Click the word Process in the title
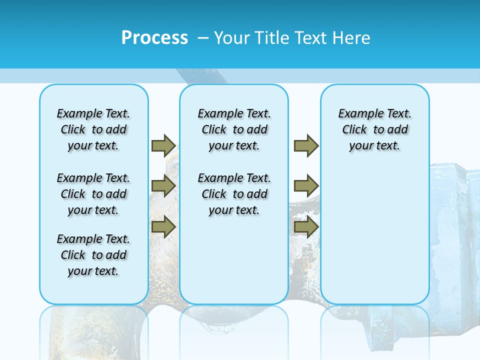coord(154,38)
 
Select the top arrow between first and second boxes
coord(163,145)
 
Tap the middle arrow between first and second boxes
coord(163,186)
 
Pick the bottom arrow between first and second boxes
coord(163,227)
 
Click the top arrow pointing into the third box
coord(306,145)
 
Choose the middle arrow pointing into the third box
coord(306,186)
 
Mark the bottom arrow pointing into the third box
coord(306,227)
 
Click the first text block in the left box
coord(93,129)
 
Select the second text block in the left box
coord(93,194)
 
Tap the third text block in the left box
coord(93,255)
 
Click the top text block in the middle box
coord(234,129)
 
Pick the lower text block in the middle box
coord(234,194)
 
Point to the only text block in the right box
coord(374,129)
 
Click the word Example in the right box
coord(356,114)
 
